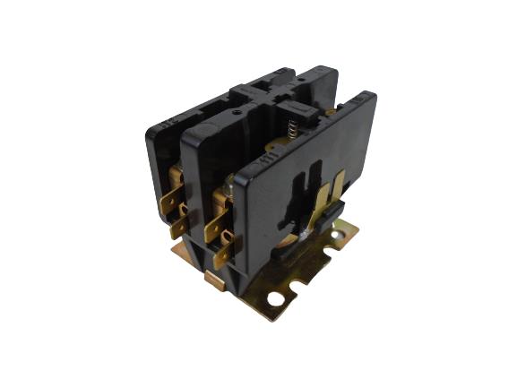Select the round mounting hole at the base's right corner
(339, 237)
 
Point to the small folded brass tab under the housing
(213, 280)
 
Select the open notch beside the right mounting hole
(350, 225)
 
